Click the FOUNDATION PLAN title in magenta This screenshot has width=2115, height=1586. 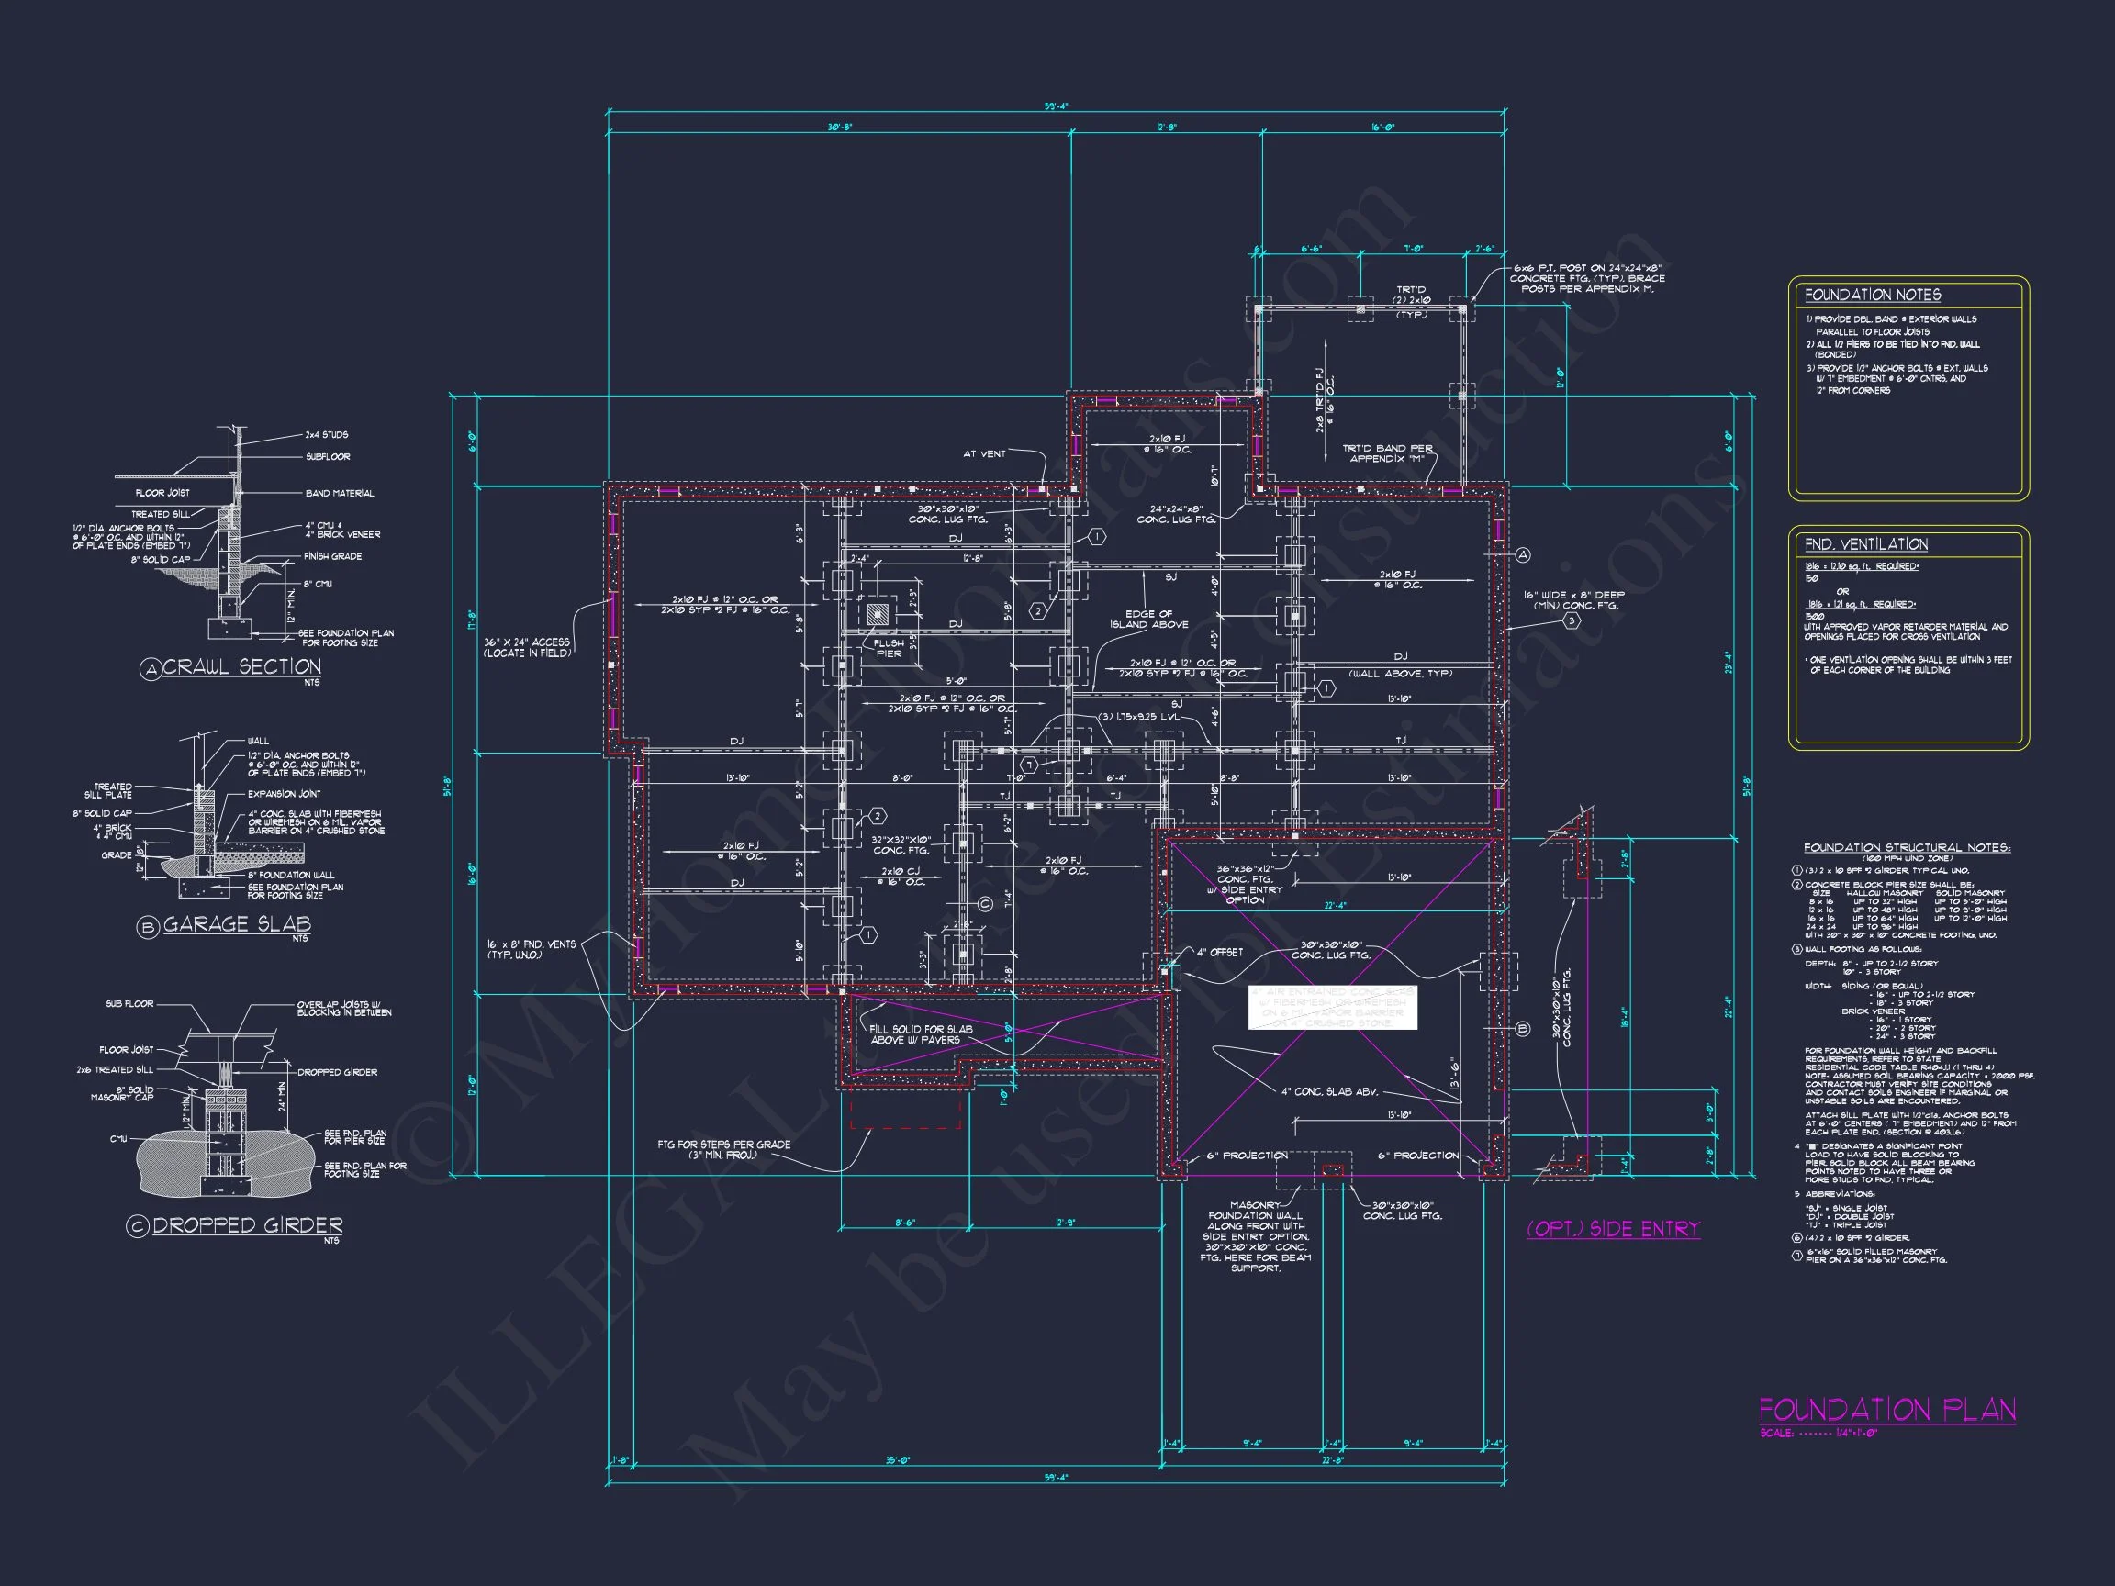(1886, 1410)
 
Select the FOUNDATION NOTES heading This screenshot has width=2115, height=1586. (1872, 296)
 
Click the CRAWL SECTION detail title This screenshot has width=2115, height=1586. (241, 667)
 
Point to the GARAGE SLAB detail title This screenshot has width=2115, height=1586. (236, 924)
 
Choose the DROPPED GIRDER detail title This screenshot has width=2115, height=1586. (247, 1225)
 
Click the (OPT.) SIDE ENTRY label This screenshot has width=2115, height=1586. (1613, 1229)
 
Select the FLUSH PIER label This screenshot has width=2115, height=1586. (889, 648)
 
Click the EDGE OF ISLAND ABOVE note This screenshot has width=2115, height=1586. (1148, 620)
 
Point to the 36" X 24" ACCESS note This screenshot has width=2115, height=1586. (526, 647)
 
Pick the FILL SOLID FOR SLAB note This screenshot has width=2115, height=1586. (920, 1034)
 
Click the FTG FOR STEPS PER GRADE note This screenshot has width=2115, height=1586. (723, 1149)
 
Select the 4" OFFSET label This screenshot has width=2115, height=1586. (1219, 952)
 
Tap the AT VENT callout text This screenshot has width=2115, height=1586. (984, 454)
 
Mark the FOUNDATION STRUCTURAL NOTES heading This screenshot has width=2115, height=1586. (1907, 848)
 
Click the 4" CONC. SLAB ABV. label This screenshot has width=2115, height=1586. (1329, 1091)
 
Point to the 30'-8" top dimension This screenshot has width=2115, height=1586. (840, 128)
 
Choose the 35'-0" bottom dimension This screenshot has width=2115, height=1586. (897, 1460)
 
